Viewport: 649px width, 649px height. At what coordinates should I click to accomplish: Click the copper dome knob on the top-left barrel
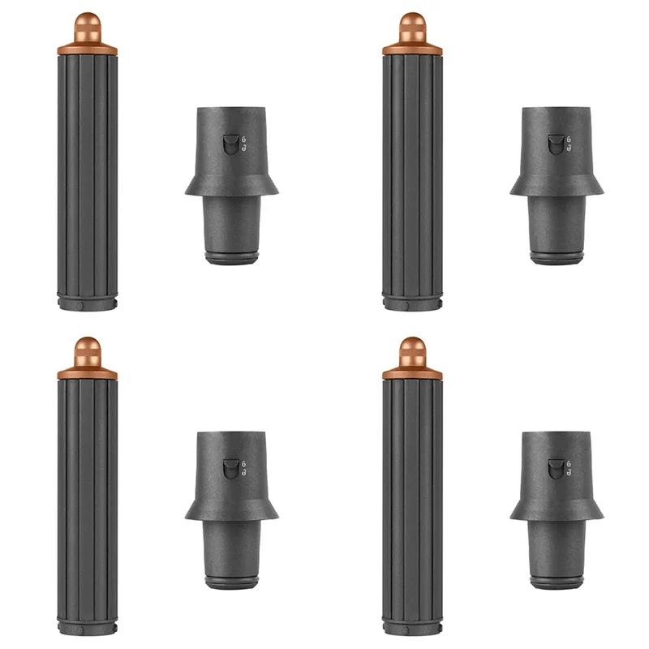click(87, 28)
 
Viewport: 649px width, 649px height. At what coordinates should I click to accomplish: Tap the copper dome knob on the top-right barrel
click(412, 28)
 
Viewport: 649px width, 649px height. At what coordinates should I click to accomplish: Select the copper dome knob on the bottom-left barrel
click(87, 352)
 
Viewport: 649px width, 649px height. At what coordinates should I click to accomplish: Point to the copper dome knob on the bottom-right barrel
click(412, 352)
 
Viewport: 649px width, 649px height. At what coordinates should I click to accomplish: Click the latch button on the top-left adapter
click(230, 144)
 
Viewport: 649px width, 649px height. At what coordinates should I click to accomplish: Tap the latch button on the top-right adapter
click(555, 144)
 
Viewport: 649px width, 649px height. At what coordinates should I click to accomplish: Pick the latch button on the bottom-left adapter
click(230, 469)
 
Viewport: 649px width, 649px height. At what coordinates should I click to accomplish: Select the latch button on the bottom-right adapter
click(555, 469)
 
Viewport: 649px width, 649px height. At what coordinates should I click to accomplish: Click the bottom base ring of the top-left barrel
click(87, 304)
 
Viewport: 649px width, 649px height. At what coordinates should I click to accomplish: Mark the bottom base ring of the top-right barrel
click(412, 304)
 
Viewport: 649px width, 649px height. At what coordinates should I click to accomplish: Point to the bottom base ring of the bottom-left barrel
click(87, 629)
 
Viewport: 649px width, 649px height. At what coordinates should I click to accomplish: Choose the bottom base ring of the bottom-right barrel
click(412, 629)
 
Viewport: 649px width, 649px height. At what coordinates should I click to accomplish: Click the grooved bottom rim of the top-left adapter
click(232, 258)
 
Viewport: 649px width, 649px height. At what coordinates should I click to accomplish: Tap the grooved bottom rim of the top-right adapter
click(557, 258)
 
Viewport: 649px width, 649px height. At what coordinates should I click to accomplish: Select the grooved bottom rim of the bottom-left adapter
click(232, 582)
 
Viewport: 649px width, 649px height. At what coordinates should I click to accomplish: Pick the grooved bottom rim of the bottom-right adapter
click(557, 582)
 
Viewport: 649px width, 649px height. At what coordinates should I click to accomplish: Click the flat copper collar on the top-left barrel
click(87, 49)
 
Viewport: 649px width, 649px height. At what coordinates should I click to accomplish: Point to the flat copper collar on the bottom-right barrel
click(412, 374)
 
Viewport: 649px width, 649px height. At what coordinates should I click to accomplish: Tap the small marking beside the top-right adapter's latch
click(569, 144)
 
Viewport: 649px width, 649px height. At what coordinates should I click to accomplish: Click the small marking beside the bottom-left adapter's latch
click(244, 469)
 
